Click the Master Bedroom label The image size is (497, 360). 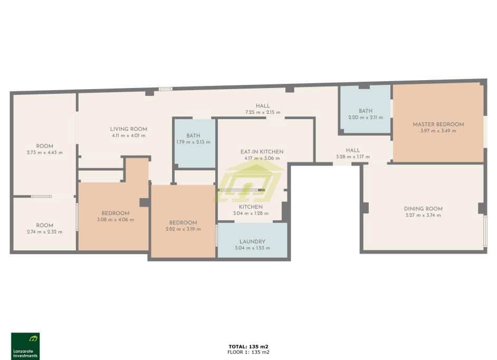(x=438, y=124)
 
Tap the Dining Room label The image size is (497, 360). (x=423, y=208)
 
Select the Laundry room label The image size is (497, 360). (x=252, y=241)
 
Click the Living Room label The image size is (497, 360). (x=128, y=129)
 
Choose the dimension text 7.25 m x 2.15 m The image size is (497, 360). (x=262, y=112)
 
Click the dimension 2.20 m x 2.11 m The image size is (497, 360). (x=366, y=117)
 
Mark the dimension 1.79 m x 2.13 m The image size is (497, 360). (x=193, y=142)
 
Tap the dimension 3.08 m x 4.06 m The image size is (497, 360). (x=115, y=220)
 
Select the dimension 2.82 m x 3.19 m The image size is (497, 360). (x=183, y=229)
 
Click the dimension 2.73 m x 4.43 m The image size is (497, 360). (x=44, y=152)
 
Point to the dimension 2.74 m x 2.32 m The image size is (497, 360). (x=44, y=232)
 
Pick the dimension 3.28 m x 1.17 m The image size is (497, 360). (x=352, y=157)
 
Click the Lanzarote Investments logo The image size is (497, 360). (x=25, y=346)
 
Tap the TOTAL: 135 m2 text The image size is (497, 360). (x=248, y=346)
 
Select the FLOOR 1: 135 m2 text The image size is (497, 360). (x=248, y=352)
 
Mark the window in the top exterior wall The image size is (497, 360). (x=166, y=89)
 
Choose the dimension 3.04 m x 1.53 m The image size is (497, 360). (x=252, y=248)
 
